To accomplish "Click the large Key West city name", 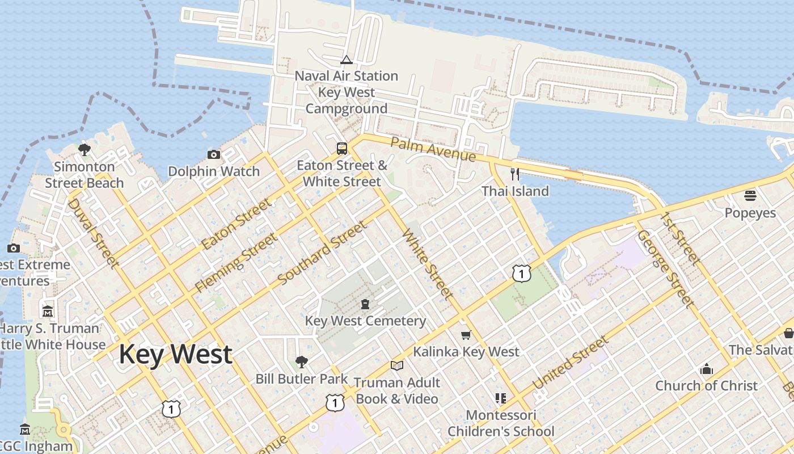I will tap(175, 354).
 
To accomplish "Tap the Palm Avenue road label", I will tap(433, 149).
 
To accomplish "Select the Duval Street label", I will tap(94, 233).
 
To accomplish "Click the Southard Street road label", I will tap(322, 254).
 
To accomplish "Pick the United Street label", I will tap(571, 362).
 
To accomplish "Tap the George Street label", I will tap(665, 268).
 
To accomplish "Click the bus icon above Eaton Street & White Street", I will tap(342, 149).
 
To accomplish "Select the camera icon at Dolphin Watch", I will tap(214, 154).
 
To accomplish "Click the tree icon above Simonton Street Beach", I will tap(85, 150).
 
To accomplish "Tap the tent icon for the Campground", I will tap(346, 60).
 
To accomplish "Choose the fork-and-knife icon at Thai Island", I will tap(515, 174).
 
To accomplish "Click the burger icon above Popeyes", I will tap(750, 196).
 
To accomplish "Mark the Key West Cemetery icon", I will tap(365, 304).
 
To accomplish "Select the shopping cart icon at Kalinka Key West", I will tap(466, 335).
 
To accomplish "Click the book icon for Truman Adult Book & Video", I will tap(397, 366).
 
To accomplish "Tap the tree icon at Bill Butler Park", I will tap(302, 361).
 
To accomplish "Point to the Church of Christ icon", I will tap(707, 369).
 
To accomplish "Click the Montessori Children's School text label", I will tap(501, 423).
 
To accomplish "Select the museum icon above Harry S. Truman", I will tap(48, 312).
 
